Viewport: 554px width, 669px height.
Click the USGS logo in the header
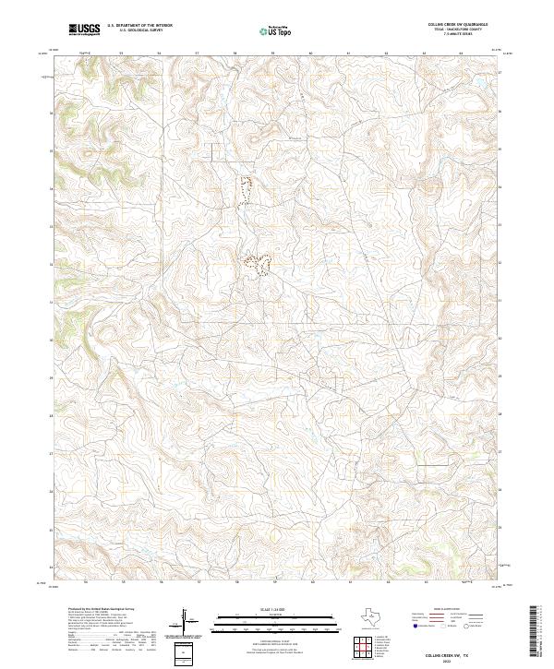pos(83,30)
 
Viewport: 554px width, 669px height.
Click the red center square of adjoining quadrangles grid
pos(366,649)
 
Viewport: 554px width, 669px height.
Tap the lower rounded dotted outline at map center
pos(256,265)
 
